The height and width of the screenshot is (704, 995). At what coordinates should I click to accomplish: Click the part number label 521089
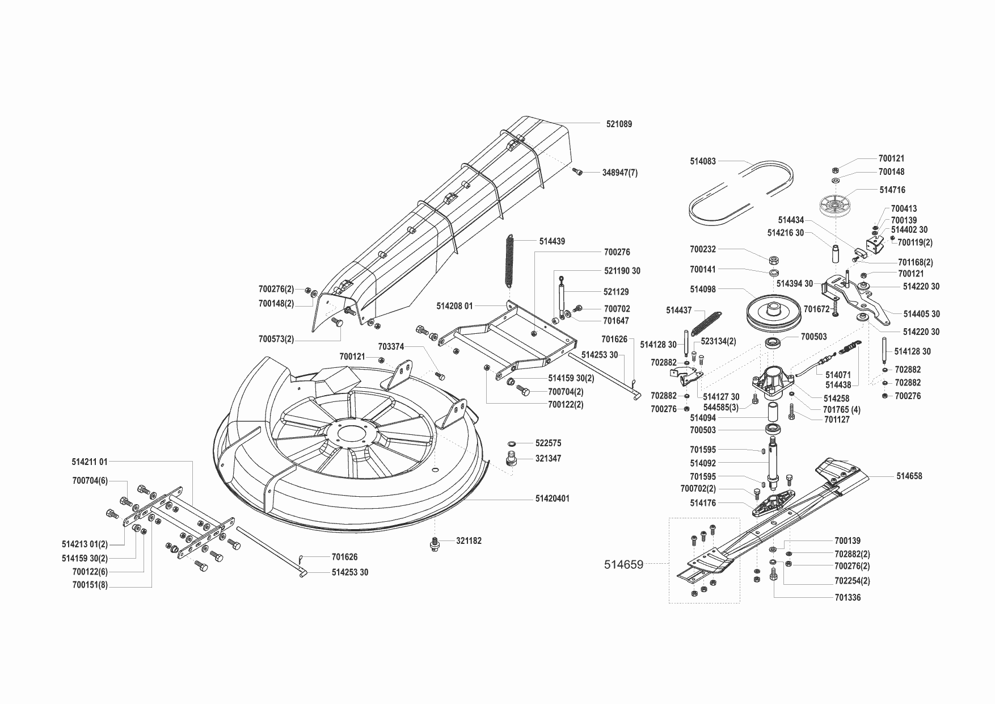click(x=618, y=124)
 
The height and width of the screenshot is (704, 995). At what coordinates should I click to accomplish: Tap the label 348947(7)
click(x=619, y=173)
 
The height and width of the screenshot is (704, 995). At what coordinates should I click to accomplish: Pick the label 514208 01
click(x=454, y=306)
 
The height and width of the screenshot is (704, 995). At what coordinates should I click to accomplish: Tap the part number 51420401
click(x=552, y=498)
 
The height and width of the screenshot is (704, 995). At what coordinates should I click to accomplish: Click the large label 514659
click(x=623, y=564)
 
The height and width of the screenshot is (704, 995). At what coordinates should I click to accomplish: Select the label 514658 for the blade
click(x=909, y=476)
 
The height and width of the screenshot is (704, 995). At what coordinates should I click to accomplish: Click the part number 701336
click(x=848, y=597)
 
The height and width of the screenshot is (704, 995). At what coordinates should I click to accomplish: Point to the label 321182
click(x=469, y=541)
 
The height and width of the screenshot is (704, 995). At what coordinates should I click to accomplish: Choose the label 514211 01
click(x=90, y=462)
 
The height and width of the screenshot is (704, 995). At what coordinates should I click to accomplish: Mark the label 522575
click(x=548, y=443)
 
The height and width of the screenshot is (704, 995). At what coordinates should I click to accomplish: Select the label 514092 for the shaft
click(x=703, y=463)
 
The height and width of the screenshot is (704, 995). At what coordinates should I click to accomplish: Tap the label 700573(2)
click(x=276, y=339)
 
